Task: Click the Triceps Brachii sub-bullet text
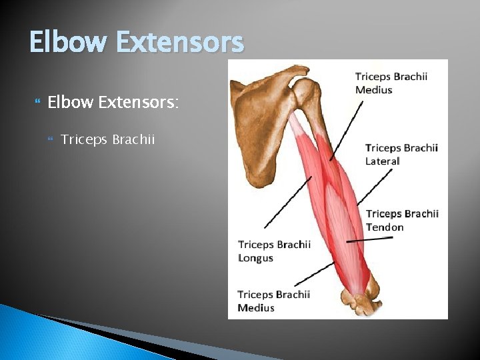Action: pyautogui.click(x=107, y=139)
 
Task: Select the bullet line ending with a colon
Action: pyautogui.click(x=113, y=103)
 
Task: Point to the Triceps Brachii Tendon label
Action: pyautogui.click(x=402, y=221)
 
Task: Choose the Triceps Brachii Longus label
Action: pyautogui.click(x=274, y=251)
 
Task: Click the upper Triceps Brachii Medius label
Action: pyautogui.click(x=391, y=83)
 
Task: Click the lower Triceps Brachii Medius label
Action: pyautogui.click(x=273, y=301)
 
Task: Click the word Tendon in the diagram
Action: pyautogui.click(x=385, y=227)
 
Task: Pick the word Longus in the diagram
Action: pyautogui.click(x=256, y=258)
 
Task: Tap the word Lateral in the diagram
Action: pyautogui.click(x=383, y=161)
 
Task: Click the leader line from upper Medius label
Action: pyautogui.click(x=348, y=130)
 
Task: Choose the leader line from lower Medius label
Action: pyautogui.click(x=313, y=275)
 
